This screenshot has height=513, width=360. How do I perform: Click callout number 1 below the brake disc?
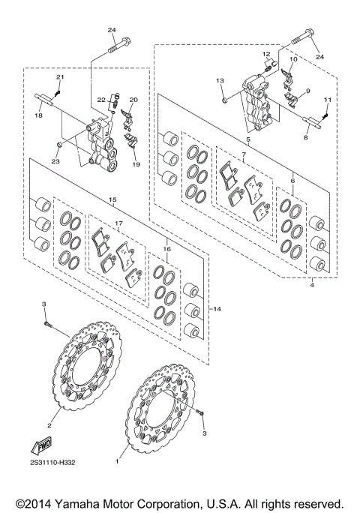(x=117, y=463)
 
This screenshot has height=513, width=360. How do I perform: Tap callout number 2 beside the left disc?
(x=49, y=425)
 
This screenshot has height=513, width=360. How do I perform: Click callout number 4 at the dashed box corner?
(x=312, y=284)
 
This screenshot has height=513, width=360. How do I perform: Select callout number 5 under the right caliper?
(x=247, y=139)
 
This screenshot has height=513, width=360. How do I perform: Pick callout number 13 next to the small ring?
(x=220, y=80)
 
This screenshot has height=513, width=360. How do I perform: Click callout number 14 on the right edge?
(x=218, y=308)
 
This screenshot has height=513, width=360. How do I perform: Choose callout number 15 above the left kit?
(x=112, y=200)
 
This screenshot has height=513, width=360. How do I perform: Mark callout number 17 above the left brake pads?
(x=118, y=223)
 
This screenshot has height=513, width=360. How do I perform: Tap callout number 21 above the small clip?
(x=60, y=77)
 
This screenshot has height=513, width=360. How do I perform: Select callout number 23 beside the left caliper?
(x=55, y=160)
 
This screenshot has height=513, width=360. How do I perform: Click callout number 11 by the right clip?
(x=328, y=99)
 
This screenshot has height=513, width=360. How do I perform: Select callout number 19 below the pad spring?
(x=136, y=163)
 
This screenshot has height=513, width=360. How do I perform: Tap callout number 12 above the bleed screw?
(x=265, y=54)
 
